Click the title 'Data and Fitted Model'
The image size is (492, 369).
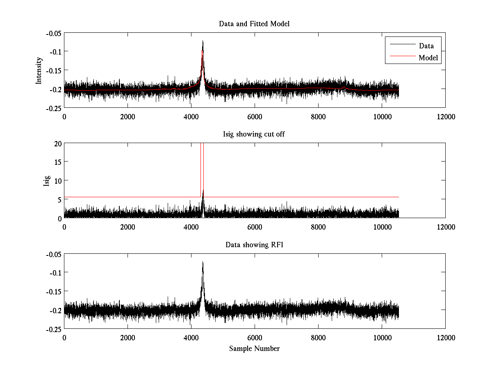click(x=254, y=24)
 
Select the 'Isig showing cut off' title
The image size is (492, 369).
click(x=254, y=134)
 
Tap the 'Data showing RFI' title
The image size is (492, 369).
click(x=254, y=245)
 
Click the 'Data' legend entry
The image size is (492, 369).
click(x=426, y=46)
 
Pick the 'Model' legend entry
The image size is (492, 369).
click(x=428, y=58)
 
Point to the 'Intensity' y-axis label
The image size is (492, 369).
click(x=39, y=71)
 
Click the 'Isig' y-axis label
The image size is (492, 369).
click(x=46, y=181)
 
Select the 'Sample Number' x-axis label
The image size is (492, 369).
click(x=254, y=348)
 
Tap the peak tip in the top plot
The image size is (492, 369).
click(x=203, y=41)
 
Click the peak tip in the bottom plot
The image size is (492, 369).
click(x=203, y=262)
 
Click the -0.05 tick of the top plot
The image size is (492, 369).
click(x=53, y=33)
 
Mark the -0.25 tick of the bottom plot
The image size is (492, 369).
click(x=53, y=329)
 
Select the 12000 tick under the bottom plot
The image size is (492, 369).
click(x=445, y=337)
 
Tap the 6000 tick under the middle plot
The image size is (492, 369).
click(x=255, y=227)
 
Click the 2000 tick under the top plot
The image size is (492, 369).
click(x=128, y=116)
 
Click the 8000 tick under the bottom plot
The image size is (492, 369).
click(x=318, y=337)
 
